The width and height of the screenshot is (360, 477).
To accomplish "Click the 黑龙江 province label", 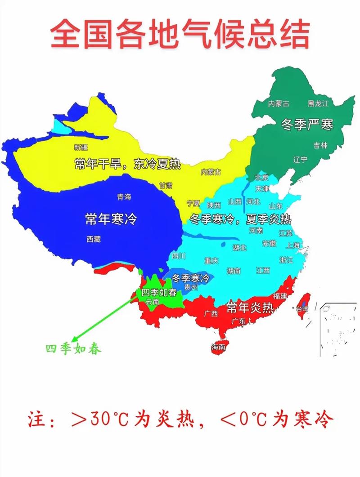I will click(x=318, y=104).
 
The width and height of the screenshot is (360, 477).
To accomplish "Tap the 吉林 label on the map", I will click(x=321, y=145).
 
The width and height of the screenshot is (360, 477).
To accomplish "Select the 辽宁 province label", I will click(x=300, y=160).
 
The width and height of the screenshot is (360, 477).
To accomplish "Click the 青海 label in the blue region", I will click(x=124, y=197).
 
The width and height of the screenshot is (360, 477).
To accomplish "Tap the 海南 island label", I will click(x=218, y=347).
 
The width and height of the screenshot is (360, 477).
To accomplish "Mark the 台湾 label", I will click(x=301, y=309).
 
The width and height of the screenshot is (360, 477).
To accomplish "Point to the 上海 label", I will click(x=292, y=245).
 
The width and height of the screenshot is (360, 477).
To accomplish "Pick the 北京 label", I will click(x=262, y=177).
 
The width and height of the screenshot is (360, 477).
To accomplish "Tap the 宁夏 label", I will click(x=193, y=203).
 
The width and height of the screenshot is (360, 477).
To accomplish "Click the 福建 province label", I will click(x=280, y=296).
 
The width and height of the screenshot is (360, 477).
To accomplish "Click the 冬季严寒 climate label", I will click(x=307, y=125).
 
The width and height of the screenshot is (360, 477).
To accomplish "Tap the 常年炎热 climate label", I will click(x=250, y=308).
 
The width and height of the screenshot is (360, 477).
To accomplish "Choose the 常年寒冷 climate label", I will click(x=111, y=219).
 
